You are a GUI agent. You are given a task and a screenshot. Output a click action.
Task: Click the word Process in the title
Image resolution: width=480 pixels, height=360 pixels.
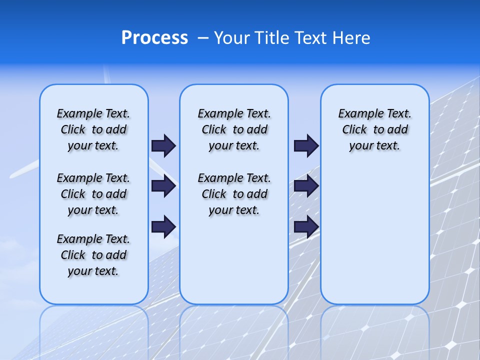(x=154, y=38)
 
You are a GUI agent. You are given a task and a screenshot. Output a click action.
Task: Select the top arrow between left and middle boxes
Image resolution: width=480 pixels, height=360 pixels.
(x=163, y=145)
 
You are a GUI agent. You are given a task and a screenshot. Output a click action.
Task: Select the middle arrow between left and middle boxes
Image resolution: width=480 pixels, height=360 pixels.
(x=163, y=186)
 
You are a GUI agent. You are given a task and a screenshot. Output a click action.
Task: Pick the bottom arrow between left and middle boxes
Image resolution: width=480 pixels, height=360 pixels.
(x=163, y=226)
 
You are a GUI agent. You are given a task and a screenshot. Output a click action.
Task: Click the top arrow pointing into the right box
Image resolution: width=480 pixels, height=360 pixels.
(x=306, y=145)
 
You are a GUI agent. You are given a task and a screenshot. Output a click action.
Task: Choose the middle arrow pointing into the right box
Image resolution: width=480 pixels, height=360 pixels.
(x=306, y=186)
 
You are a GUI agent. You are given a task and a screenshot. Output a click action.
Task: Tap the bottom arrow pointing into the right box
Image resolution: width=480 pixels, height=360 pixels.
(x=306, y=226)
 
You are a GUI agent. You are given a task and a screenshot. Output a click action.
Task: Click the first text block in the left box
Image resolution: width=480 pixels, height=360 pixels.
(x=93, y=129)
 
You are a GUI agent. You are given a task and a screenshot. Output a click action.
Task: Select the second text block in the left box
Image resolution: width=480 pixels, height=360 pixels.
(x=93, y=194)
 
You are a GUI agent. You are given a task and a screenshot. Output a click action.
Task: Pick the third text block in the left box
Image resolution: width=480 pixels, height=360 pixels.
(x=93, y=255)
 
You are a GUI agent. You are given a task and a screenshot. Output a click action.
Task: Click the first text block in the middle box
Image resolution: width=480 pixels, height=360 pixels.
(x=234, y=129)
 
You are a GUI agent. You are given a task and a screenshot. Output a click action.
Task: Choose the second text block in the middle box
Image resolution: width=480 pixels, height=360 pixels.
(x=234, y=194)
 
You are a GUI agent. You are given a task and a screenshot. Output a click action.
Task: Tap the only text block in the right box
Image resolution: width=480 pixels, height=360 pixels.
(x=374, y=129)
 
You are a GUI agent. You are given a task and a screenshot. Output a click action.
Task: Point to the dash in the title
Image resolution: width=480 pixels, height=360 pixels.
(x=203, y=38)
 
